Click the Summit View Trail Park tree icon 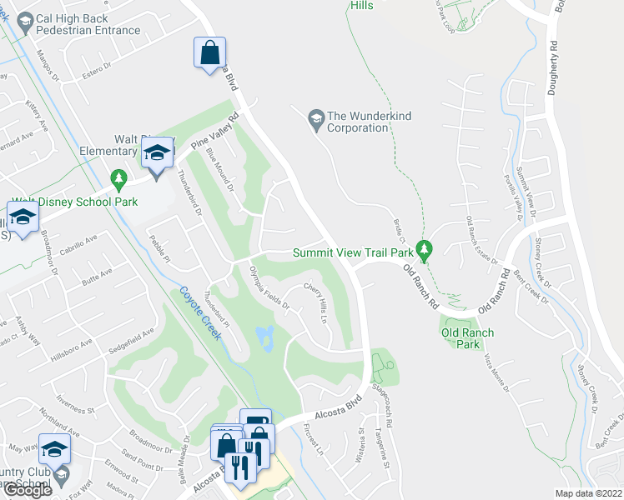click(x=425, y=250)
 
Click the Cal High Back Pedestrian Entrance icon click(x=25, y=22)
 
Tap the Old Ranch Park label click(x=467, y=338)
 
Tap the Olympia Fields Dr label click(x=269, y=288)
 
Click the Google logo click(x=28, y=489)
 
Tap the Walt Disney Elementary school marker click(x=156, y=152)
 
